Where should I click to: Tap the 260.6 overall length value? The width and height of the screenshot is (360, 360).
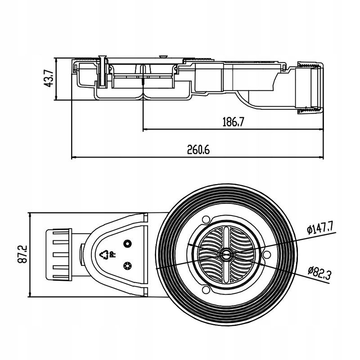tap(198, 149)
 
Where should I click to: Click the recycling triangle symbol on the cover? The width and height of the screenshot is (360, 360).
tap(105, 255)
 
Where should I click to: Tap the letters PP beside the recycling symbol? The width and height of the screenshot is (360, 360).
tap(113, 255)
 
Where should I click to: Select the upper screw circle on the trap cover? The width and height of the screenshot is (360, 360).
tap(127, 243)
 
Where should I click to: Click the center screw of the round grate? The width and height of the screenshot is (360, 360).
tap(224, 255)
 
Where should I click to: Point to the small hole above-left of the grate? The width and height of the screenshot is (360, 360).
tap(206, 220)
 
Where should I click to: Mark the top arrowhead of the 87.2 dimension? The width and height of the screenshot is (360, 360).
tap(29, 214)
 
